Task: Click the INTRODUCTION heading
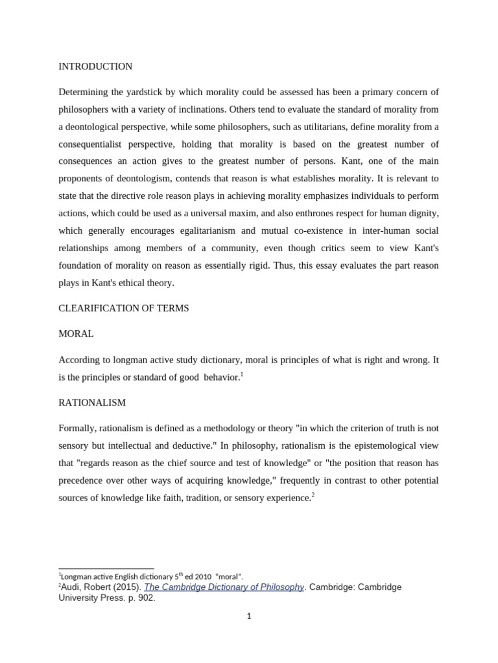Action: point(95,67)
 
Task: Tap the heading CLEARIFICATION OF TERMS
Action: point(124,308)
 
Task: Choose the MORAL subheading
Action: point(76,333)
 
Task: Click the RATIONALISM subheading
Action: point(92,402)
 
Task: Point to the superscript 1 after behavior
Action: point(241,374)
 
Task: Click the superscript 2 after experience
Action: point(313,494)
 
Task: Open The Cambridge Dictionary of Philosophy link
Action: point(224,587)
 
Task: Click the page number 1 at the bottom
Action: point(249,616)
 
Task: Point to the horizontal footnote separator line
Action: point(106,568)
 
